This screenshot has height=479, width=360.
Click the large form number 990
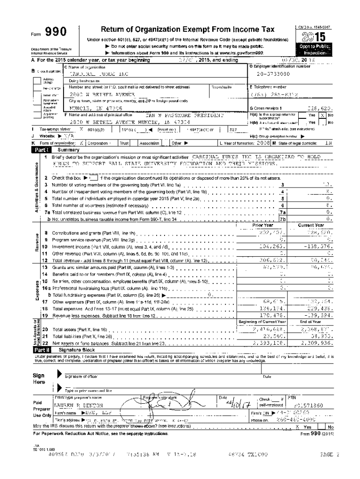point(55,32)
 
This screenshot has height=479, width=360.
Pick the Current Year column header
point(310,225)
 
